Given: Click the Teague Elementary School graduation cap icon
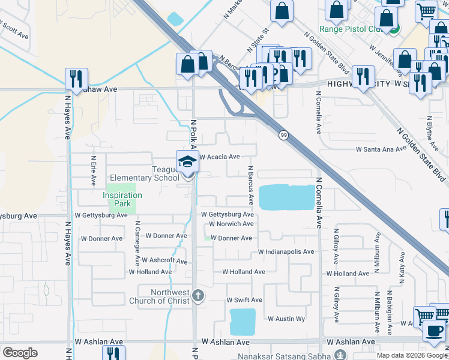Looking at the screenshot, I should pyautogui.click(x=187, y=161).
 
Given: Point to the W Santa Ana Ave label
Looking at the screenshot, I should pyautogui.click(x=382, y=149).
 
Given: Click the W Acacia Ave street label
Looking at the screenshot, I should pyautogui.click(x=220, y=157).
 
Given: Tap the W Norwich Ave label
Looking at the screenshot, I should pyautogui.click(x=231, y=224).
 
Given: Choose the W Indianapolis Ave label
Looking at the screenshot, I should pyautogui.click(x=286, y=252).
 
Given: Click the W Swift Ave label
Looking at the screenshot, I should pyautogui.click(x=244, y=300).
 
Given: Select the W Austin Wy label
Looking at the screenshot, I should pyautogui.click(x=286, y=319).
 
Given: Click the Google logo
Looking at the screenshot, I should pyautogui.click(x=20, y=353).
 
